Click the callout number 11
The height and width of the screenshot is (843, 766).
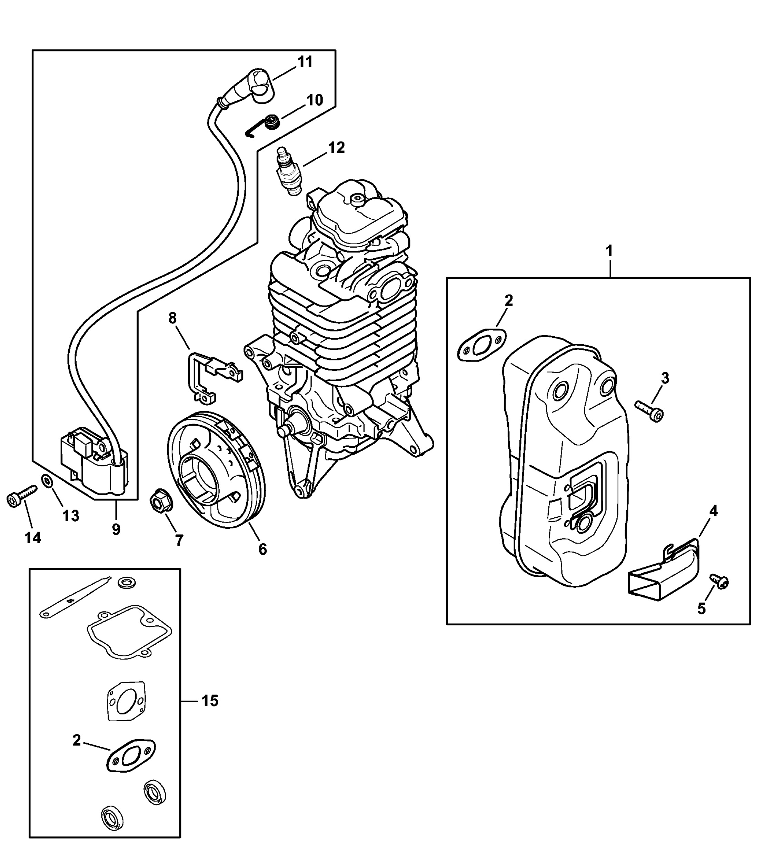(305, 62)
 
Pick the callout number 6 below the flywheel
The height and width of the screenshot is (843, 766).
(262, 549)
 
